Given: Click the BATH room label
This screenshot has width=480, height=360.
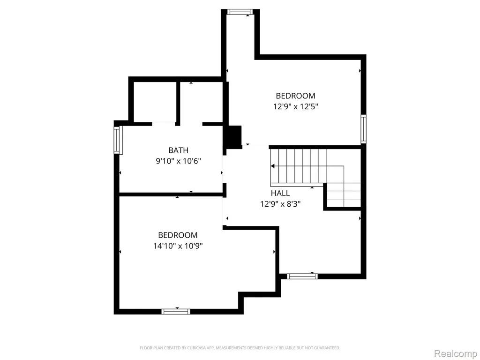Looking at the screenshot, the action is tap(179, 150).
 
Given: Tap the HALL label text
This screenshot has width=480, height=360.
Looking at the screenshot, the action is tap(280, 193).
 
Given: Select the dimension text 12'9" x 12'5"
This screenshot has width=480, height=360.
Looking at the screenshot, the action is tap(296, 106).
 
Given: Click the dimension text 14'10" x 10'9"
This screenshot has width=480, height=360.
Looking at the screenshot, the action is tap(178, 246).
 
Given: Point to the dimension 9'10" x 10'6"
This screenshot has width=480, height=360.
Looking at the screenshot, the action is tap(179, 161).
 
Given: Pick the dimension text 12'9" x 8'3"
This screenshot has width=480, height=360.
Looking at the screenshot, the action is tap(280, 204).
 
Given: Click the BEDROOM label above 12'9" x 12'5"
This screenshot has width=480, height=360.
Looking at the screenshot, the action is tap(295, 96).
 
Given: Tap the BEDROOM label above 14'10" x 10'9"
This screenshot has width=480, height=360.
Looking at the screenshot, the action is tap(178, 235).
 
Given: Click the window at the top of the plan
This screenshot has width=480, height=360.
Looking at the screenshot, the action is tap(240, 12).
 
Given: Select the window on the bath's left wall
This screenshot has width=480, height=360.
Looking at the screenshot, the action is tap(117, 140).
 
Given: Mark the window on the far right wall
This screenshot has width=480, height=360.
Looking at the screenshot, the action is tap(363, 129).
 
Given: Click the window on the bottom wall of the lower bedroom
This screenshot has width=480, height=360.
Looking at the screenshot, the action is tap(176, 312).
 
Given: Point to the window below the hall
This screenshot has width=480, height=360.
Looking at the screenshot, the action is tap(302, 277).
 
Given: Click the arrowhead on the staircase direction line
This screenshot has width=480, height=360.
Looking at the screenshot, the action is tap(272, 166).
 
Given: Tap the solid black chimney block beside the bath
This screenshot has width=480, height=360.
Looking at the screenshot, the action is tap(233, 137).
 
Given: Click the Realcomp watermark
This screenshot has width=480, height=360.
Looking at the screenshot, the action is tap(456, 353).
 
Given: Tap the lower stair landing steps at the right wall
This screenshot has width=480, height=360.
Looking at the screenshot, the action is tap(344, 195).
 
